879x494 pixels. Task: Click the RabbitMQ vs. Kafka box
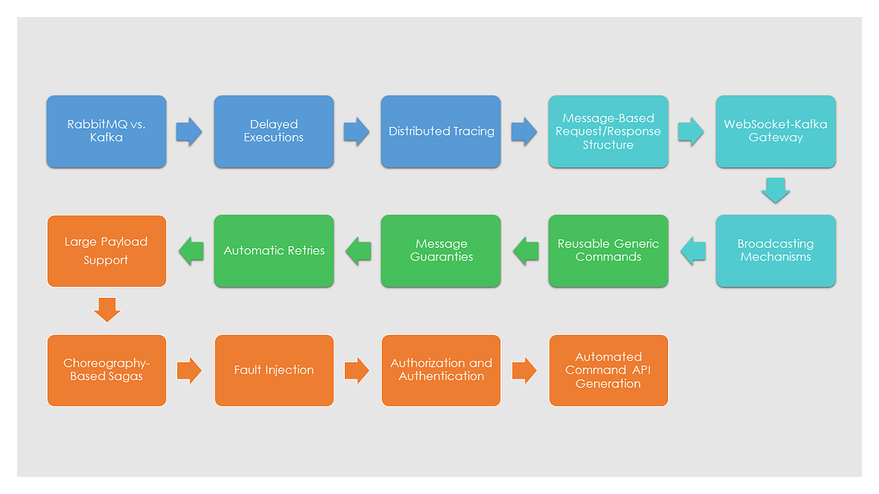[106, 132]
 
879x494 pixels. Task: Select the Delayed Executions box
[274, 132]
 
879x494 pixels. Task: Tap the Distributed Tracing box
[441, 132]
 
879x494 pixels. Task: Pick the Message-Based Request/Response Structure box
[608, 132]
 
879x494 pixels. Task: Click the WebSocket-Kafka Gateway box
[776, 132]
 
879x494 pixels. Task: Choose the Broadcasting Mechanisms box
[776, 250]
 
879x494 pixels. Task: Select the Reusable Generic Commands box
[608, 250]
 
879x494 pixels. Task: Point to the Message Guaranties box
[441, 250]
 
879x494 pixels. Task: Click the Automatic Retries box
[274, 250]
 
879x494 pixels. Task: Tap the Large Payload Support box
[106, 250]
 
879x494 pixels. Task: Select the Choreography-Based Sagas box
[106, 370]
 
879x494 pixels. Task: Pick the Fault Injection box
[274, 370]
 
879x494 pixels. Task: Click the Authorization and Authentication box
[441, 370]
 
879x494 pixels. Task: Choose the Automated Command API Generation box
[608, 370]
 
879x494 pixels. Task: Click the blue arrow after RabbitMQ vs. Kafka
[190, 132]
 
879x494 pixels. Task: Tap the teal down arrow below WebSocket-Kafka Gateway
[776, 190]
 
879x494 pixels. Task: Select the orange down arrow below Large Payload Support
[107, 310]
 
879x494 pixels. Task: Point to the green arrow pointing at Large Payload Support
[190, 250]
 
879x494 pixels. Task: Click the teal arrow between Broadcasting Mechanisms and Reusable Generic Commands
[692, 250]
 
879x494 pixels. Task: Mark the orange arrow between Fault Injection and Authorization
[357, 370]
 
